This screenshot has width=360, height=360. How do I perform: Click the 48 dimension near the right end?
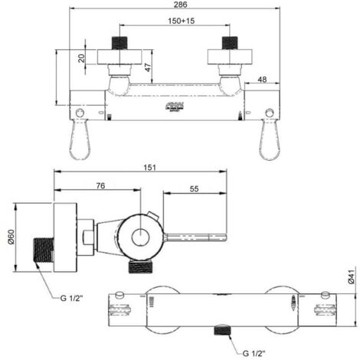tap(263, 78)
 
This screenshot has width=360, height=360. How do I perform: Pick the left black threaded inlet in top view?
tap(119, 41)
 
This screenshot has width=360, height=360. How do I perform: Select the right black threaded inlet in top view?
tap(231, 41)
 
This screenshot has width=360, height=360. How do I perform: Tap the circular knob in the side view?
tap(141, 237)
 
